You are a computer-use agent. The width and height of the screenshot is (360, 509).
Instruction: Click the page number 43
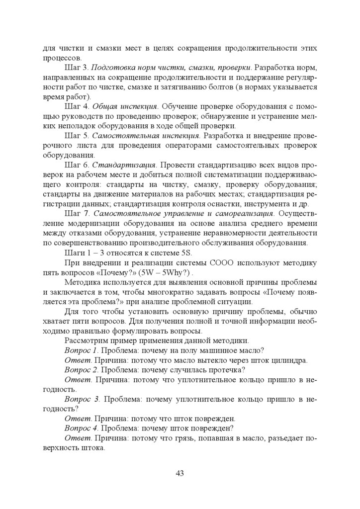[180, 473]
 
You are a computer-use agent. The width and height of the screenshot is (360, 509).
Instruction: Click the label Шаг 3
[77, 67]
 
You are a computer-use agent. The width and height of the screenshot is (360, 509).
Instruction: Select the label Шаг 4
[77, 106]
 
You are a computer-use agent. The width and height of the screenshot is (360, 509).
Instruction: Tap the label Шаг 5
[77, 136]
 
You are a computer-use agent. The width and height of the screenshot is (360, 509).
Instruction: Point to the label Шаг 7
[77, 213]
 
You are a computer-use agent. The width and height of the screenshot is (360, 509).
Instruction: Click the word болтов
[208, 87]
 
